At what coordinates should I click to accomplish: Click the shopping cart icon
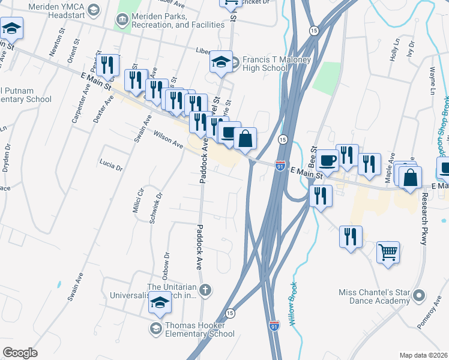point(388,251)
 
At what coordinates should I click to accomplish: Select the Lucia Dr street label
point(111,165)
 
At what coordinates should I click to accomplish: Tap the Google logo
point(20,353)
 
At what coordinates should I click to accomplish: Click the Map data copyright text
point(423,355)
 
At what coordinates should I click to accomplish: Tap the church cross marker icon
point(205,291)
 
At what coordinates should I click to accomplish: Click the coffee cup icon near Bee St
point(328,160)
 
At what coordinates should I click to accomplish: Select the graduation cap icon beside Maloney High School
point(221,62)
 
